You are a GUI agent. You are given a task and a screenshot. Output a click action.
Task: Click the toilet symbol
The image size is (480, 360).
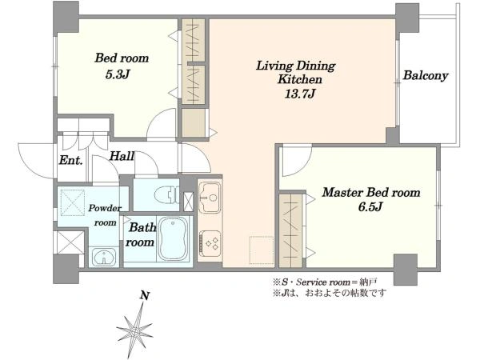point(166,195)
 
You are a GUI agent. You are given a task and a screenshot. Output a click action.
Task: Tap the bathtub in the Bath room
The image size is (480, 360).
point(174,238)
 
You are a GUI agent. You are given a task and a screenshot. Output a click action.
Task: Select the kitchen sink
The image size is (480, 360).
point(209,197)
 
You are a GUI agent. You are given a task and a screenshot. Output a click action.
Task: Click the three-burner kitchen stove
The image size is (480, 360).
point(210,243)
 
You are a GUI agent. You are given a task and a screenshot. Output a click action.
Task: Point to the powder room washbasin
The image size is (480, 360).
point(104,257)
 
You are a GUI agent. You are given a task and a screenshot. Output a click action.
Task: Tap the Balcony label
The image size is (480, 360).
point(426,75)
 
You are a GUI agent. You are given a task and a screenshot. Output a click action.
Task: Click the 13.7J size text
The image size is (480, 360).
point(299,93)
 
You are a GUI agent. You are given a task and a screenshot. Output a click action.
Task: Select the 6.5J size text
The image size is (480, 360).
point(370,207)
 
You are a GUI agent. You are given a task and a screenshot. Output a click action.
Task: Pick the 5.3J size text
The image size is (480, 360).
point(118,74)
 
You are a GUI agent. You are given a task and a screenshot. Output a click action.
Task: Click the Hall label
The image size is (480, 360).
point(122,157)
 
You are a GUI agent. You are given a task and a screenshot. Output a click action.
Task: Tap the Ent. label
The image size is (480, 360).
point(70,160)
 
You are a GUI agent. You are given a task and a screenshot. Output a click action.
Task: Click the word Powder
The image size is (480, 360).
point(105,208)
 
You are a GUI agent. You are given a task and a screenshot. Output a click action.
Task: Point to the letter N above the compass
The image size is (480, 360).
point(145,296)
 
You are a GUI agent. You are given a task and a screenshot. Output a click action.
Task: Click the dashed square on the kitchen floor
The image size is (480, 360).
point(262,250)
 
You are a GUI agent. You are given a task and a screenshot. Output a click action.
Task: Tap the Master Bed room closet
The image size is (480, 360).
point(291,230)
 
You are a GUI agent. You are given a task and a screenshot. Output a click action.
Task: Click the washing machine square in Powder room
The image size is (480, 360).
point(73,202)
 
